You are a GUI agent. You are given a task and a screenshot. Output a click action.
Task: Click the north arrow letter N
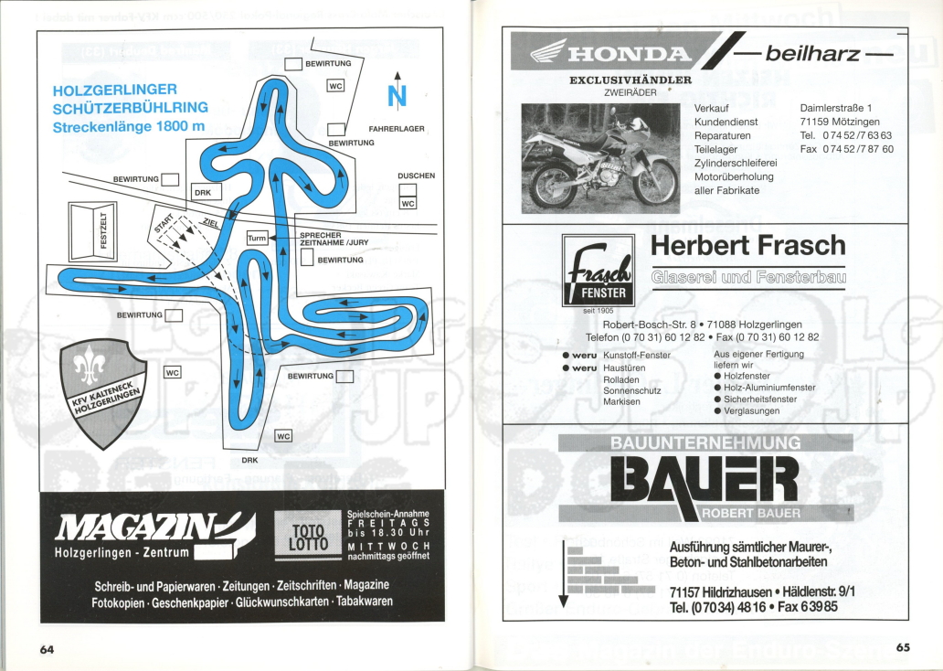tap(397, 96)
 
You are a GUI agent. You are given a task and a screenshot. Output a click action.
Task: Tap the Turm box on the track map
tap(257, 238)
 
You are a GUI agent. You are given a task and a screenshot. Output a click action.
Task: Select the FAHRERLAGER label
tap(396, 129)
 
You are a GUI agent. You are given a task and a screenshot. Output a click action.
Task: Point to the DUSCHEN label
tap(416, 176)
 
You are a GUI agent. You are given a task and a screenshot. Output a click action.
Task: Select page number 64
tap(47, 649)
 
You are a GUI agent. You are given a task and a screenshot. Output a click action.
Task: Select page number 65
tap(903, 648)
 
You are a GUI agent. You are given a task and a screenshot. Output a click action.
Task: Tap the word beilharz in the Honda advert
tap(812, 54)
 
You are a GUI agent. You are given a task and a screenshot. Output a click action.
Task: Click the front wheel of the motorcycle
tap(656, 183)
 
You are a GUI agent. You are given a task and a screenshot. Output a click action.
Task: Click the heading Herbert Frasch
tap(747, 246)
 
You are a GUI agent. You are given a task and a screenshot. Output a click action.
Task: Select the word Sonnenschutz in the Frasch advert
tap(632, 390)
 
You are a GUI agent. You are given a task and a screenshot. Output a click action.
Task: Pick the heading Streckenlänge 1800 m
tap(129, 125)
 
